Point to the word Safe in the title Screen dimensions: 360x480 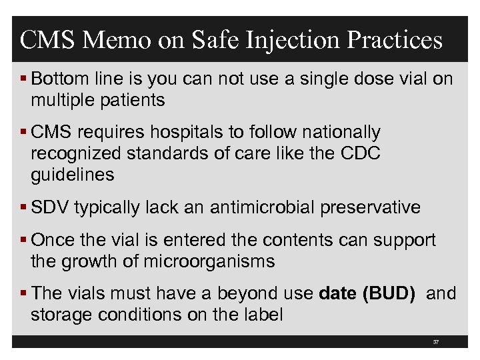217,40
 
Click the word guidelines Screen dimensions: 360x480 73,175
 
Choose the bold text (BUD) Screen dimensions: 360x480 389,293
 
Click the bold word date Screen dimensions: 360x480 338,293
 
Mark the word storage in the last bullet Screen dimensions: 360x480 62,314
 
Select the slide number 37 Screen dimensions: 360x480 435,341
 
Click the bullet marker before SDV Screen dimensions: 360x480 24,207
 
